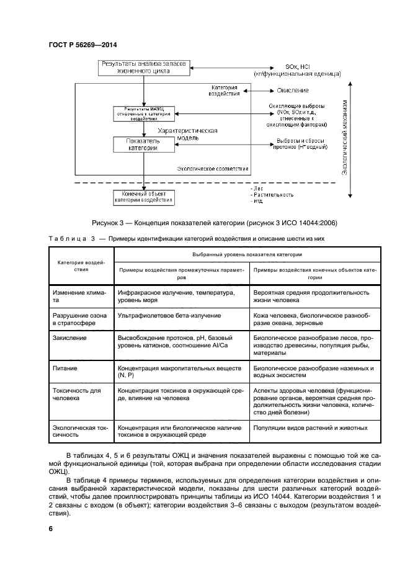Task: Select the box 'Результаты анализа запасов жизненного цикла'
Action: tap(144, 68)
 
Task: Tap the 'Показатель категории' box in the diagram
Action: tap(143, 145)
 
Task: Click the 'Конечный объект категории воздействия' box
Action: tap(143, 197)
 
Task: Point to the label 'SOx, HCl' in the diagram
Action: tap(301, 66)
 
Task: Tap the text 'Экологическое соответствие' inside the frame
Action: tap(213, 168)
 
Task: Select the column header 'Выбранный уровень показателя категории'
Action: tap(247, 255)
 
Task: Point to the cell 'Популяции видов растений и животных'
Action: tap(311, 427)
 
